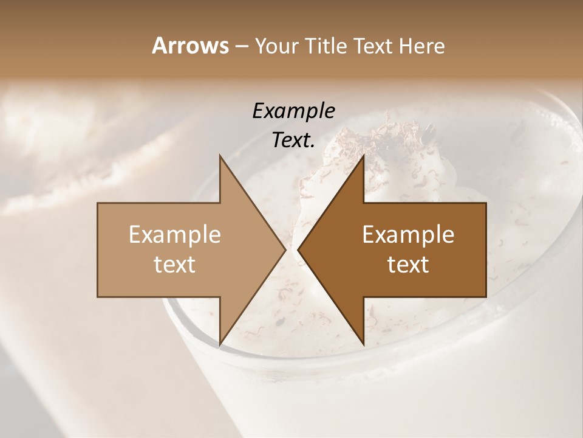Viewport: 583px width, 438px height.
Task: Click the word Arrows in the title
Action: tap(189, 46)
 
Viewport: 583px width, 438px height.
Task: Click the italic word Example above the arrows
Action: tap(293, 111)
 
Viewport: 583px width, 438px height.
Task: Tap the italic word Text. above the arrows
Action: tap(291, 141)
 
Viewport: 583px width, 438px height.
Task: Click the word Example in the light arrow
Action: tap(174, 234)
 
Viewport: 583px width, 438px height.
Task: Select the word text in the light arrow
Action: tap(174, 264)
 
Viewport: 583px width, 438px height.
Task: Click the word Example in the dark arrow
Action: tap(408, 234)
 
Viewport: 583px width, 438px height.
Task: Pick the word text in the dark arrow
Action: tap(408, 264)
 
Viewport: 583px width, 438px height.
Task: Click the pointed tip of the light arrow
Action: tap(284, 249)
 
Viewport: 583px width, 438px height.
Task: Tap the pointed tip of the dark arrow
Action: tap(299, 249)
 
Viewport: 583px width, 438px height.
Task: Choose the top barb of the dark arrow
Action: tap(363, 159)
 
